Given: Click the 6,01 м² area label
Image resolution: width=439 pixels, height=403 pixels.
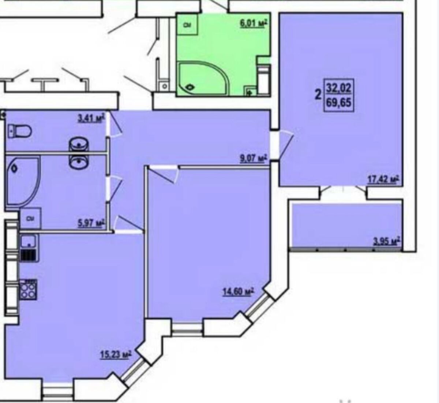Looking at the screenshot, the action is click(x=254, y=23).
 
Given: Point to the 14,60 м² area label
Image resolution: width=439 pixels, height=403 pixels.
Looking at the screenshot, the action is click(x=238, y=292).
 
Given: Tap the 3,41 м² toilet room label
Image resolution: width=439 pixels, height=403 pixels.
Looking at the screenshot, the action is click(x=91, y=118).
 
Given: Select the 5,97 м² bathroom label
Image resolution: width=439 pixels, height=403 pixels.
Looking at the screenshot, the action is click(x=90, y=224).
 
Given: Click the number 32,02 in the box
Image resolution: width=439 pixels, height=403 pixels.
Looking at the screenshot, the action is click(x=339, y=88).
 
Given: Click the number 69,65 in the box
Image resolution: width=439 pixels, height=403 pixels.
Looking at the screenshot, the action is click(x=339, y=102).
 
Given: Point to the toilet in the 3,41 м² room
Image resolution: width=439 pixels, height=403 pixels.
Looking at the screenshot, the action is click(x=19, y=131).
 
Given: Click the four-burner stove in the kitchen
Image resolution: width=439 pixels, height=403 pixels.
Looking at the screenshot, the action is click(x=29, y=290).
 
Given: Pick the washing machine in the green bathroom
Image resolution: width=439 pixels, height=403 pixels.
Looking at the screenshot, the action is click(x=187, y=25).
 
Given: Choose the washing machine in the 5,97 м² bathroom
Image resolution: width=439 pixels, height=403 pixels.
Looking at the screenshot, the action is click(x=31, y=218).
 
